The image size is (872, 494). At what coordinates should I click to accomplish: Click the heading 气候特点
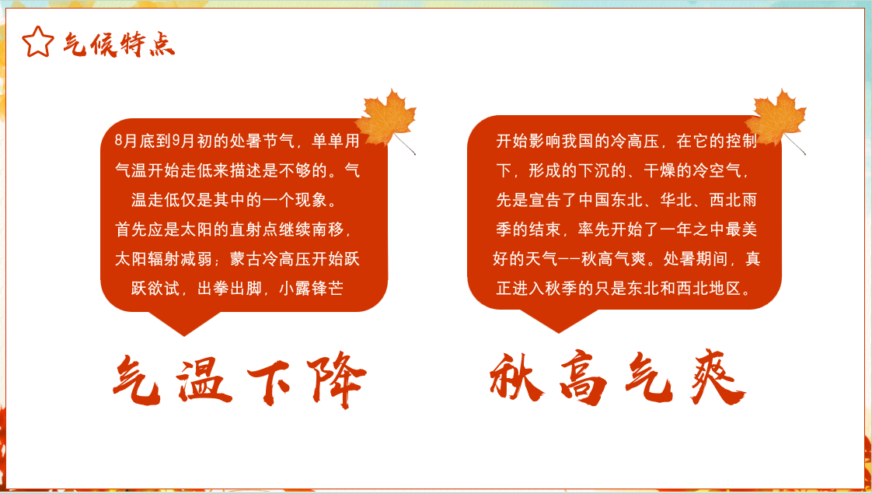click(x=118, y=44)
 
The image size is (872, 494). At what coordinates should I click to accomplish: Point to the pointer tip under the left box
click(x=184, y=336)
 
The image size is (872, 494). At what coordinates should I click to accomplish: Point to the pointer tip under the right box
click(x=558, y=332)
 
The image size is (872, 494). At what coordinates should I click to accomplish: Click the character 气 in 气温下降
click(x=137, y=380)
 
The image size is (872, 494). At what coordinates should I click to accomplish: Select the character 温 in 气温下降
click(x=204, y=381)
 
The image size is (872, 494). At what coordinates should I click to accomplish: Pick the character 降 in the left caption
click(x=337, y=380)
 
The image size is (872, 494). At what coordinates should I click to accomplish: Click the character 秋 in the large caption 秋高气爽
click(x=517, y=377)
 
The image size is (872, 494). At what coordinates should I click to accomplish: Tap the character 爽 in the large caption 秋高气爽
click(x=717, y=377)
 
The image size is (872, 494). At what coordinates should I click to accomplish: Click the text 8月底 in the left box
click(x=134, y=141)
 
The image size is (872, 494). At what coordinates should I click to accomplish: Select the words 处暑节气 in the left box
click(x=262, y=141)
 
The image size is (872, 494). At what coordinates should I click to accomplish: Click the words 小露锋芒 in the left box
click(x=311, y=288)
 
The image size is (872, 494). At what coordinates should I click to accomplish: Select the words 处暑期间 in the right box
click(x=695, y=258)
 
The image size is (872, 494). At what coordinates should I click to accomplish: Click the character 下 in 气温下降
click(x=269, y=382)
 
